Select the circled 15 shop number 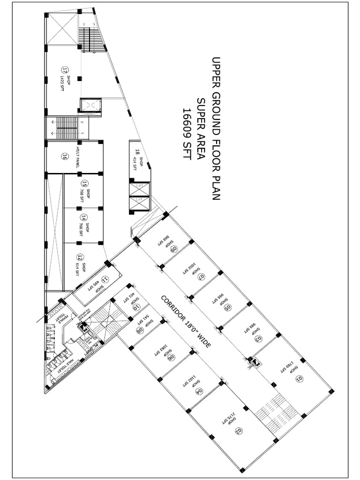[84, 183]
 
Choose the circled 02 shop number [238, 430]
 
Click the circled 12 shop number [80, 257]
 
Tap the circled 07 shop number [202, 277]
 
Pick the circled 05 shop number [228, 307]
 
